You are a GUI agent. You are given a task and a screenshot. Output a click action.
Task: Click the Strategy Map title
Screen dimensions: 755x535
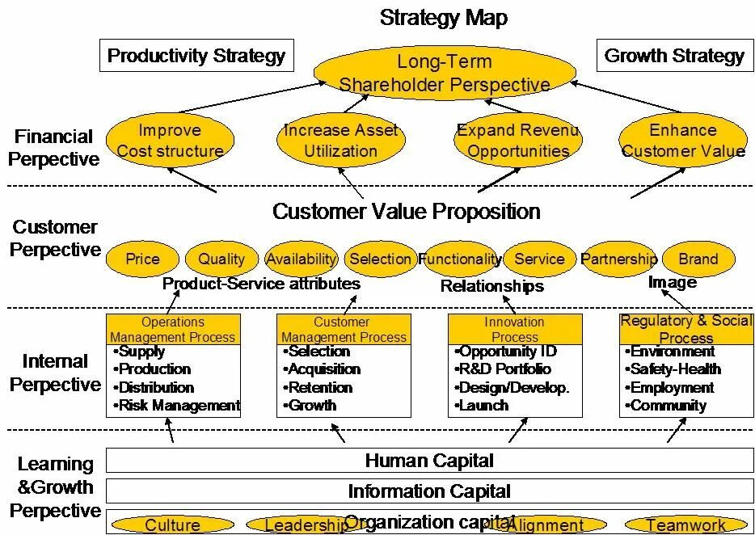(444, 18)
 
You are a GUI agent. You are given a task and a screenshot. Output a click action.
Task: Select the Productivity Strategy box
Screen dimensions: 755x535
(196, 56)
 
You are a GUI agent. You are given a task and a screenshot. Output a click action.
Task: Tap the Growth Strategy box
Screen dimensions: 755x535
(674, 56)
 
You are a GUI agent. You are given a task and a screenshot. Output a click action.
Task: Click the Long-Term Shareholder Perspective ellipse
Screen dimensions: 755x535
(444, 73)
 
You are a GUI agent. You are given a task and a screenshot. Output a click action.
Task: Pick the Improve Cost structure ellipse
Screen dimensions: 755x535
(170, 140)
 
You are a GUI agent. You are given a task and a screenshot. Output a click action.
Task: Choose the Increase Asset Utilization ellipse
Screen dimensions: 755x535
(340, 140)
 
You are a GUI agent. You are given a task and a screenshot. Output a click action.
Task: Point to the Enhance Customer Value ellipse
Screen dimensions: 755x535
(683, 140)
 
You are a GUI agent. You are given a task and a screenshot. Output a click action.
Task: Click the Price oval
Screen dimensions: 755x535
(142, 259)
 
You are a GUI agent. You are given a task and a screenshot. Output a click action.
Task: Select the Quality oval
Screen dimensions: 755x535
(221, 259)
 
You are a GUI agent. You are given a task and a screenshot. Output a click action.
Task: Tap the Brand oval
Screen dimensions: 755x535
(698, 259)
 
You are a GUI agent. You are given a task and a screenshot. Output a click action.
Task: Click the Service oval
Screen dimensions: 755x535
(539, 259)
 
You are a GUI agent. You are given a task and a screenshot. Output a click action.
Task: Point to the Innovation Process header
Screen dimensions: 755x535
(515, 329)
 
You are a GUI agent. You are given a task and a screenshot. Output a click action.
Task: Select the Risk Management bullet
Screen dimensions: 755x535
(179, 406)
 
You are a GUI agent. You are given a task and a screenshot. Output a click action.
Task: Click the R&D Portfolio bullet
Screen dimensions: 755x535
(504, 369)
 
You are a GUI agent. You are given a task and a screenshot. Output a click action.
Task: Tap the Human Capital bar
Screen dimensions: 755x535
(429, 461)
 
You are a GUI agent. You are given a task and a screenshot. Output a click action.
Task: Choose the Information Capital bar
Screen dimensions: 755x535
(429, 491)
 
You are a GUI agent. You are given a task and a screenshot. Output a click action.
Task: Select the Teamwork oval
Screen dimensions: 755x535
(685, 525)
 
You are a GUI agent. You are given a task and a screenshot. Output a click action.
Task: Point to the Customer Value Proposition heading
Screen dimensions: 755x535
(406, 212)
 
